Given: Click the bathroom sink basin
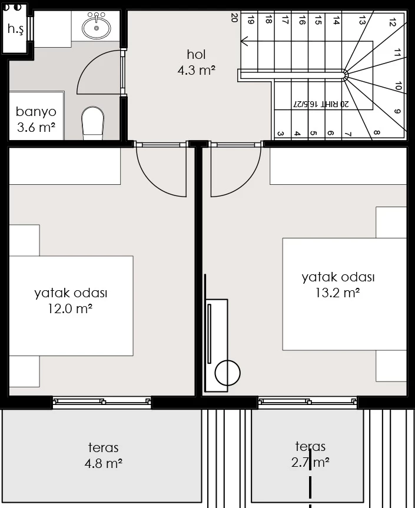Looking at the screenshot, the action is tap(96, 28).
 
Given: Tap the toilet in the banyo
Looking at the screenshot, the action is tap(92, 123).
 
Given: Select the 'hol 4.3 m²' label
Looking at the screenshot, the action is tap(197, 62).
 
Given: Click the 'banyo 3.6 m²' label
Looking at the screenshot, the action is tap(36, 119).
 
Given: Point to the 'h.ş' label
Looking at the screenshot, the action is tap(15, 29).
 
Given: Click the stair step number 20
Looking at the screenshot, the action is tap(234, 18).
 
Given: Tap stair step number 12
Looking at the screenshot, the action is tap(392, 22).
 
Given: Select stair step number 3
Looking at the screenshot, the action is tap(281, 134).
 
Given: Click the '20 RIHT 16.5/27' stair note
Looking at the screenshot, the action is tap(321, 104).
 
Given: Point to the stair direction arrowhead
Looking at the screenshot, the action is tap(244, 41).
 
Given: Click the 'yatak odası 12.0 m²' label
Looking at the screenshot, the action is tap(71, 301).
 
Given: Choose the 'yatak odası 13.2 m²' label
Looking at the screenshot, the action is tap(338, 285).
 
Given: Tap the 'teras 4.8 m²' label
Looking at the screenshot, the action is tap(104, 455).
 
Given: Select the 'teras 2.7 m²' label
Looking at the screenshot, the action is tap(310, 454).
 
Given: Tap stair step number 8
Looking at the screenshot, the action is tap(377, 133).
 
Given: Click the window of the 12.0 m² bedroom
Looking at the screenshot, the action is tap(102, 401).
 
